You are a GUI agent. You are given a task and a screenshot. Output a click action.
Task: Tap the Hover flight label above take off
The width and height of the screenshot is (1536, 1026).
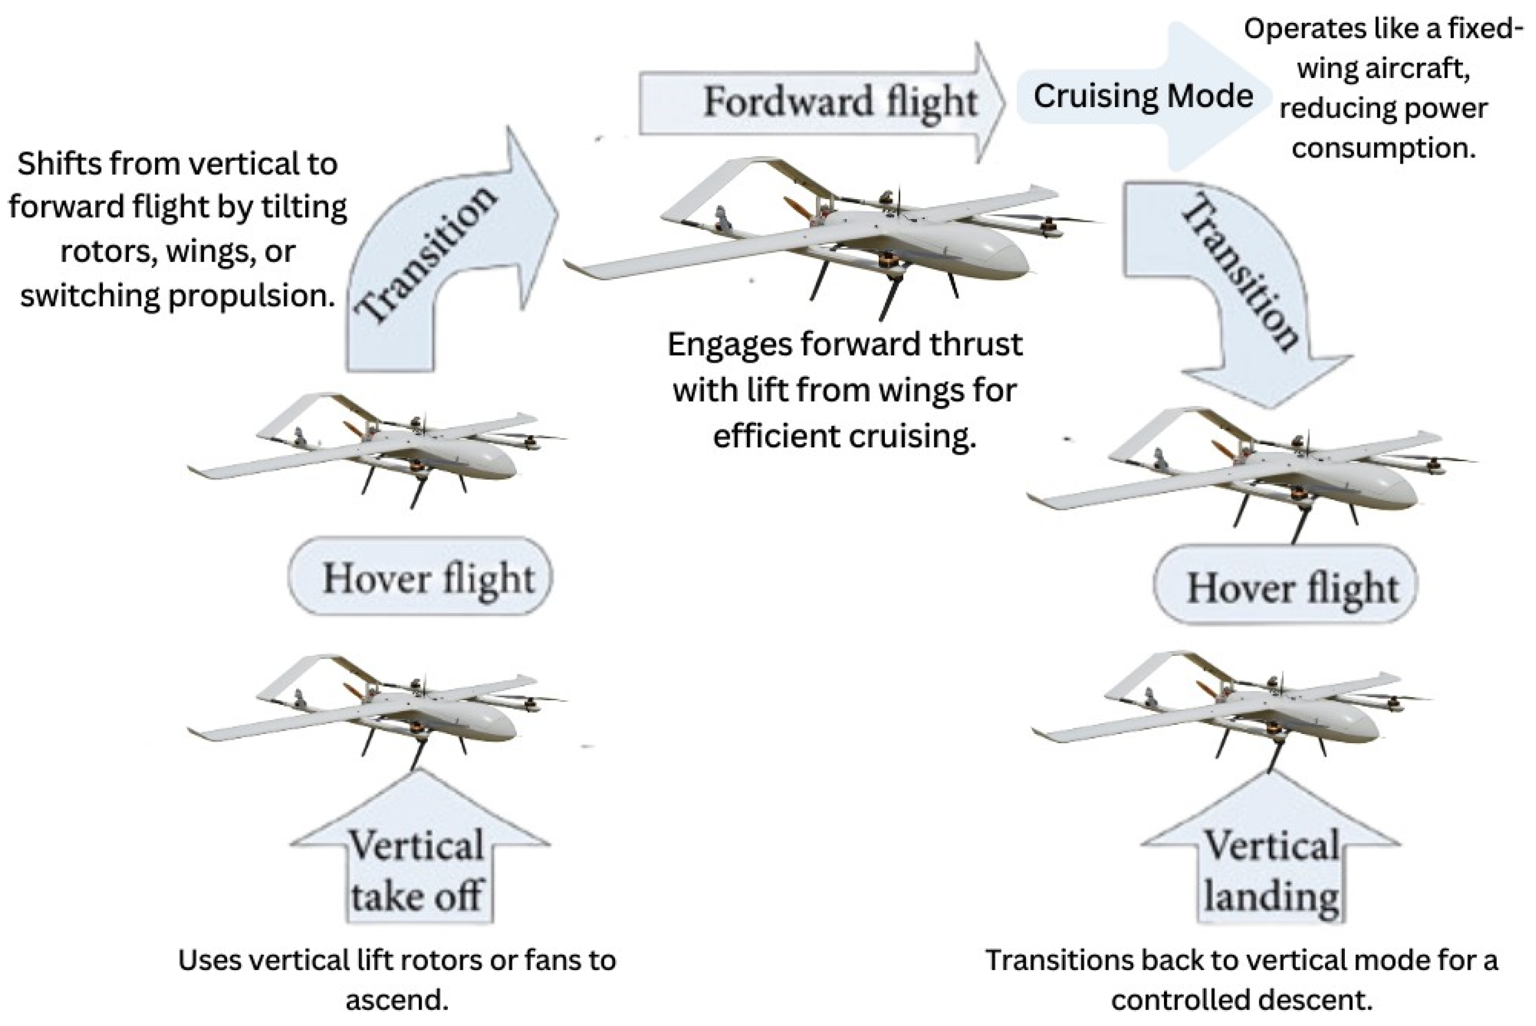[x=420, y=577]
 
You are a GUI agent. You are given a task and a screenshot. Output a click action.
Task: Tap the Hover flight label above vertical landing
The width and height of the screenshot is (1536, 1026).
[x=1285, y=585]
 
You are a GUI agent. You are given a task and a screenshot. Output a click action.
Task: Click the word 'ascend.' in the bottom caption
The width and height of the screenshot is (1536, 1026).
[x=397, y=1000]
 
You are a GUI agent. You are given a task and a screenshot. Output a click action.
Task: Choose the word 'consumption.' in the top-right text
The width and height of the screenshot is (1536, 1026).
[x=1384, y=148]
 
